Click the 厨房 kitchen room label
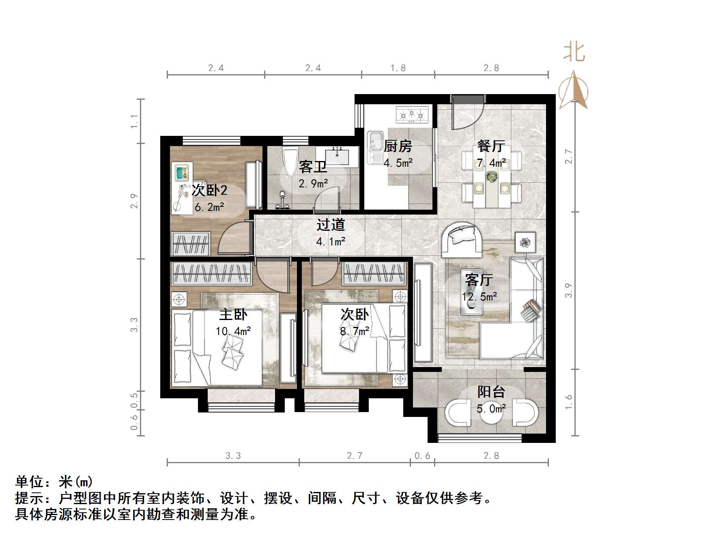[398, 146]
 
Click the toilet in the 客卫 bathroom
[289, 162]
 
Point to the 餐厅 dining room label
[491, 146]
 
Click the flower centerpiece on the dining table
[492, 176]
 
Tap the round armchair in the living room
[462, 239]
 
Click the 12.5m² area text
[479, 297]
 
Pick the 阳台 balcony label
[491, 392]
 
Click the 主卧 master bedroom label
[233, 314]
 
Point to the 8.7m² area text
[355, 331]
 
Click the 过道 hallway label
[331, 224]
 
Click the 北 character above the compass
[574, 52]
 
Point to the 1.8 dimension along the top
[398, 68]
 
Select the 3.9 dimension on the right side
[568, 290]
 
